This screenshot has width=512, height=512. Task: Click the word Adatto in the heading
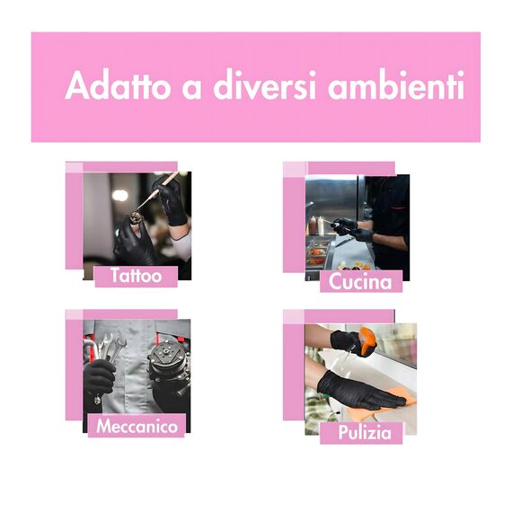[x=118, y=85]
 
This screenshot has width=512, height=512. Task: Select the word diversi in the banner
[x=264, y=84]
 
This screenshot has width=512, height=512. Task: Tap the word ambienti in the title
[x=396, y=85]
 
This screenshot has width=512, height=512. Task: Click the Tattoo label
[x=137, y=277]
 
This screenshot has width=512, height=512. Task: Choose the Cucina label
[x=360, y=281]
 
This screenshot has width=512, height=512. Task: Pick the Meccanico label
[x=137, y=426]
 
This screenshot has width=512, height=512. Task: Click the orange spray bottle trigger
[x=367, y=341]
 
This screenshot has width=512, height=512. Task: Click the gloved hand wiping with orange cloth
[x=359, y=391]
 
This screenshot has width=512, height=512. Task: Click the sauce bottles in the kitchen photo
[x=316, y=225]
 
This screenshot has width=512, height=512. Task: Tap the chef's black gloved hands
[x=352, y=229]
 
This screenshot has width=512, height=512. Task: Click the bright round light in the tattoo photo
[x=119, y=195]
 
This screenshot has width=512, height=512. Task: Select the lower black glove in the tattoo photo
[x=134, y=241]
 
